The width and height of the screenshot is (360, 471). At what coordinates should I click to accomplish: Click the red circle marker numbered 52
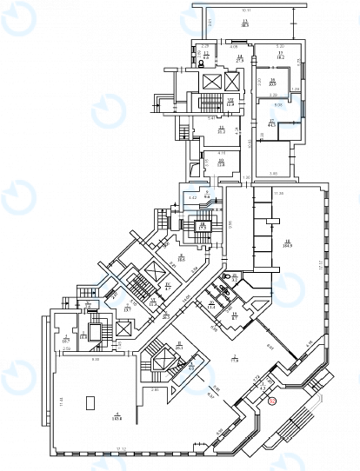271,401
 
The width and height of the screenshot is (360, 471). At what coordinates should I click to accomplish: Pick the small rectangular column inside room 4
89,401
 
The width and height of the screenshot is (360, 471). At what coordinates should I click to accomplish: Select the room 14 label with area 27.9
239,57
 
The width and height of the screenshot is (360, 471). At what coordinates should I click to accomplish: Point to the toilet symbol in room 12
202,63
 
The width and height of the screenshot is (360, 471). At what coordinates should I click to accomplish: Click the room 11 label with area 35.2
222,130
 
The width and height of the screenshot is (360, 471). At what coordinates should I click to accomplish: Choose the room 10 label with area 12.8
222,161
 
